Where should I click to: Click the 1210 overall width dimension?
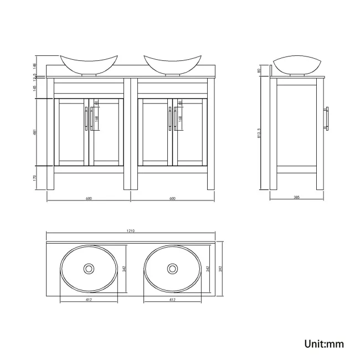point(131,230)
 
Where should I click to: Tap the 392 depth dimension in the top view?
point(220,269)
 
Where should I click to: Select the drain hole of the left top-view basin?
point(88,269)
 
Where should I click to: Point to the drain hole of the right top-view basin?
point(172,269)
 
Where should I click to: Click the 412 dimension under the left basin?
point(89,300)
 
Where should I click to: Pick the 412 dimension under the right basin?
point(172,300)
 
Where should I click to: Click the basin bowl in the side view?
point(296,64)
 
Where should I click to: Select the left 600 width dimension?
point(88,198)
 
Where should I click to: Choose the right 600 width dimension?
point(172,198)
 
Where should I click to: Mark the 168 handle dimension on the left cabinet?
point(97,118)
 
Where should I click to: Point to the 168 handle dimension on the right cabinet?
point(181,118)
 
